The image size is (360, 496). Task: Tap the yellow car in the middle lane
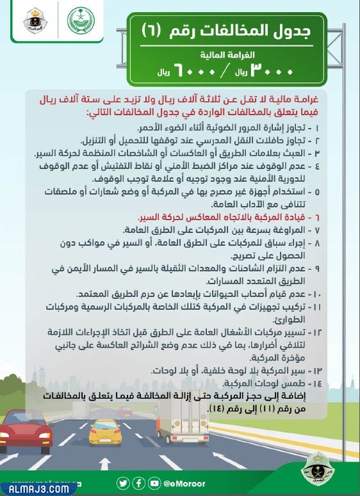coord(104,432)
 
